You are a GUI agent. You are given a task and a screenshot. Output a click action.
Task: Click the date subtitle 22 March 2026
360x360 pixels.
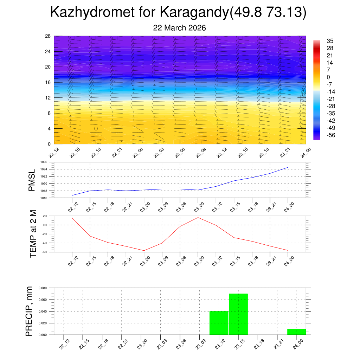click(x=179, y=28)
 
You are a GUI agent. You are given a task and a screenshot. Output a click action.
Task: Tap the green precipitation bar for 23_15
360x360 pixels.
click(x=238, y=314)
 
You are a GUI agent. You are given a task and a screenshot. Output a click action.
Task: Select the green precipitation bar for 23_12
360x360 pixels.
click(x=219, y=323)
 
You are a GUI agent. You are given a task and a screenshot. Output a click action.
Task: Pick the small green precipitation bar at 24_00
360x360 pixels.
click(x=296, y=332)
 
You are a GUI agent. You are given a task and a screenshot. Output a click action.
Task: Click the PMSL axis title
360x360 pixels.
click(x=32, y=180)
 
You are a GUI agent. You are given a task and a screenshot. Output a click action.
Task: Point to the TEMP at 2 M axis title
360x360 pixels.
click(x=33, y=234)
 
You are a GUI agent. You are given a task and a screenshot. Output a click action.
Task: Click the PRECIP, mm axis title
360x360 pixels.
click(x=29, y=311)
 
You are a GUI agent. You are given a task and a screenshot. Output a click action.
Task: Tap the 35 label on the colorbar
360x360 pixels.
click(x=330, y=41)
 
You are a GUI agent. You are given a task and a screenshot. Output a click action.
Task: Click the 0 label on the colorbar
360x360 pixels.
click(x=328, y=77)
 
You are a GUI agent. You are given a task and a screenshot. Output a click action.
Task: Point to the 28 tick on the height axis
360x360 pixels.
click(x=48, y=36)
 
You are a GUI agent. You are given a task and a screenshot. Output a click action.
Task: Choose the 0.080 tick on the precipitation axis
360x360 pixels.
click(x=43, y=288)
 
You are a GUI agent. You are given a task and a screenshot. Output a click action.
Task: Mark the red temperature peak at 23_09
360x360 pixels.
click(x=198, y=217)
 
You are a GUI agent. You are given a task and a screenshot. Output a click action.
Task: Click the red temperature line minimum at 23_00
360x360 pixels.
click(x=144, y=251)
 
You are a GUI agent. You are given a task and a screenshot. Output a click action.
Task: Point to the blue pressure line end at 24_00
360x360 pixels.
click(x=288, y=167)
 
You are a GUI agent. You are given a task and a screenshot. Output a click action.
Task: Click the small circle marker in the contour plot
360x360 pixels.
click(x=96, y=128)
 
